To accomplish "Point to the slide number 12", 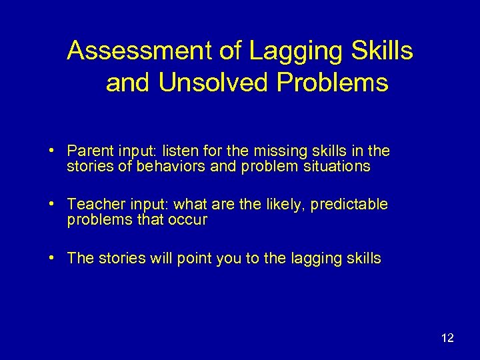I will click(447, 338).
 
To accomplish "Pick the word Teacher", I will click(93, 204).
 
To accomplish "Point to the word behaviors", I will click(174, 167).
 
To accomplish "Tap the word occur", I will click(189, 220).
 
